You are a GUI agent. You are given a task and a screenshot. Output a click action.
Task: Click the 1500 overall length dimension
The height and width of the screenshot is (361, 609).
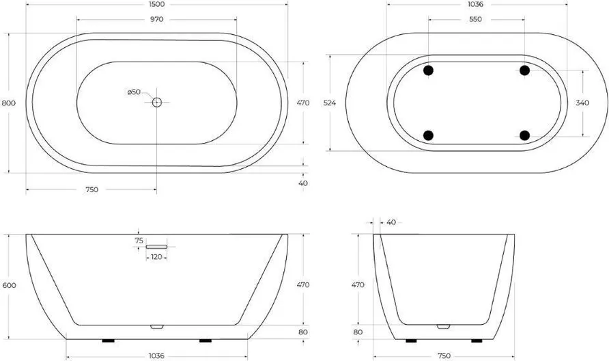click(x=156, y=4)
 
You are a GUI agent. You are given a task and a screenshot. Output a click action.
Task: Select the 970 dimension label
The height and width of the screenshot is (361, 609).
click(x=156, y=19)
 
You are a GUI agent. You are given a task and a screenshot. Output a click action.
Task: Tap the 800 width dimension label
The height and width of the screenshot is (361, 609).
click(x=9, y=103)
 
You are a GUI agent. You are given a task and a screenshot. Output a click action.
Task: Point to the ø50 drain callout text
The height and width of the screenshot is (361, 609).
click(x=134, y=92)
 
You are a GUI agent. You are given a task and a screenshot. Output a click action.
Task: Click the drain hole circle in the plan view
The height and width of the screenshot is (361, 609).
click(x=156, y=103)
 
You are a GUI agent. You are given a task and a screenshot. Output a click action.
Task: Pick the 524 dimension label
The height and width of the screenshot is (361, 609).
click(x=329, y=103)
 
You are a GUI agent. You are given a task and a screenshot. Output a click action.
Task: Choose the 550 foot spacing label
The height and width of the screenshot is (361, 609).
click(x=475, y=19)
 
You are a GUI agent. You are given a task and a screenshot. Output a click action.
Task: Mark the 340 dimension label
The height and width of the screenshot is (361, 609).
click(x=582, y=103)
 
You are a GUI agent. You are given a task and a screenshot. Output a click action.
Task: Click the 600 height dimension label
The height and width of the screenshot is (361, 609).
click(x=9, y=286)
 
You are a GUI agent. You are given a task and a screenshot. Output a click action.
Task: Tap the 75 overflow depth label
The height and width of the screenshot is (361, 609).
click(x=139, y=241)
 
